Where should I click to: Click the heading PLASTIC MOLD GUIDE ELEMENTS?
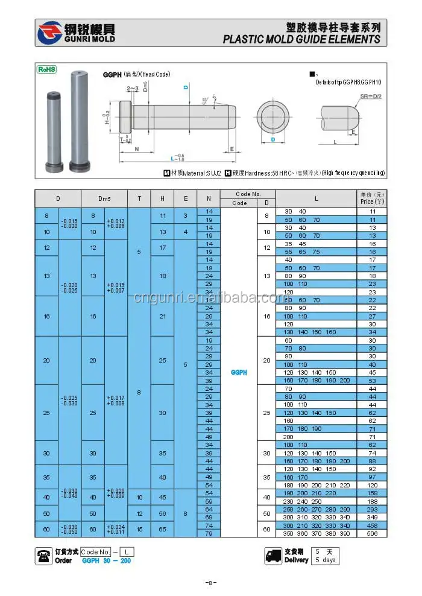point(301,39)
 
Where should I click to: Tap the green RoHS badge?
point(46,69)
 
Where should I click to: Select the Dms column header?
point(104,198)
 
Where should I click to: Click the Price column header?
point(372,198)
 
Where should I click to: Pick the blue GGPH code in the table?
point(239,372)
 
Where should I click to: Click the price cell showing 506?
point(372,533)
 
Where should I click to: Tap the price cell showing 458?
point(372,525)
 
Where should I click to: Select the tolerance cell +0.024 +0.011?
point(116,529)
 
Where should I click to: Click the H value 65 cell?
point(162,529)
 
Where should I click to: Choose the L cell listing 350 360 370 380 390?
point(316,533)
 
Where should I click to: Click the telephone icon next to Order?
point(43,556)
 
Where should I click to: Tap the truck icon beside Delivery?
point(273,556)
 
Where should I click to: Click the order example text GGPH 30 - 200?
point(106,560)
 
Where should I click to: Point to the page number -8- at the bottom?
point(210,583)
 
